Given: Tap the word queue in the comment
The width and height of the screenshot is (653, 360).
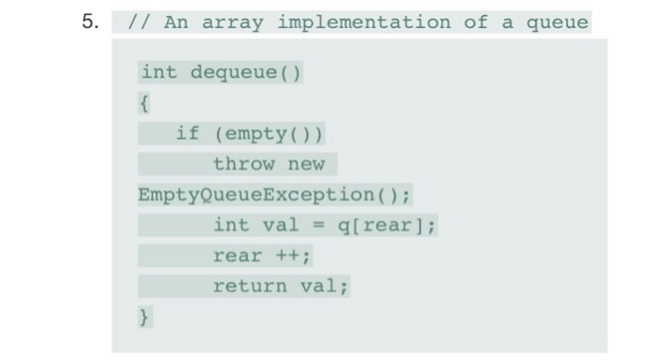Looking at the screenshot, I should click(557, 22).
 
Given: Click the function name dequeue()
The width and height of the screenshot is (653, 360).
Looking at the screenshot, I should click(245, 73).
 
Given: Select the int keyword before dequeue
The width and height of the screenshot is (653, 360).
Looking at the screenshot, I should click(159, 73).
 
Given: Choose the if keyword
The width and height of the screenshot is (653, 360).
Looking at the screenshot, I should click(188, 133).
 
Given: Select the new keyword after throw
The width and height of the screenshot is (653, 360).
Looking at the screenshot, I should click(306, 164).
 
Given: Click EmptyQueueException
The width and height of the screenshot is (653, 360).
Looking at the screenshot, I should click(256, 195).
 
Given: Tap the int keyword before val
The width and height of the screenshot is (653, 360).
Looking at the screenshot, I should click(230, 225).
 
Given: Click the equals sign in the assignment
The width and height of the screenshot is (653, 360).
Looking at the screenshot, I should click(317, 225).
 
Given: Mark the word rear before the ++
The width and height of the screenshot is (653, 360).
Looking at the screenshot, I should click(237, 256).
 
